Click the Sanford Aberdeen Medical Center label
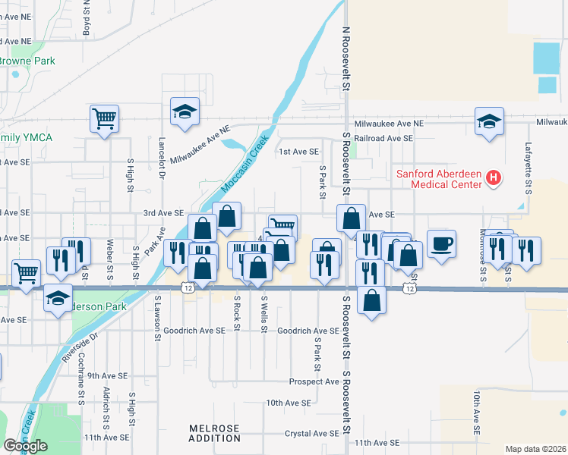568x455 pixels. point(439,179)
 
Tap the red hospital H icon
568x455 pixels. point(494,180)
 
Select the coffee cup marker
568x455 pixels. point(441,244)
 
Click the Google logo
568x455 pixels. point(25,447)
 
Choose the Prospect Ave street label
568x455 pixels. point(314,381)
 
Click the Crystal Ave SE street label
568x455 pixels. point(312,433)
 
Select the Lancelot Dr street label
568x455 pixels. point(162,157)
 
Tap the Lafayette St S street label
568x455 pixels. point(528,168)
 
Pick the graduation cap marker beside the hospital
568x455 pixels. point(489,121)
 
